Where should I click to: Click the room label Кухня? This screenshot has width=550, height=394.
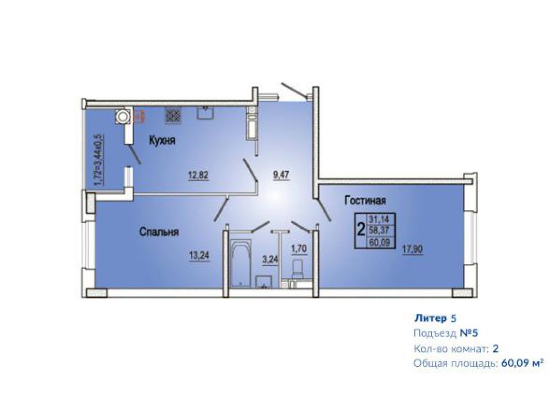[x=162, y=141]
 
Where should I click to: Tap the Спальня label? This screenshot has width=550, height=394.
[x=159, y=232]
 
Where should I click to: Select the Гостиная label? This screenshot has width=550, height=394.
[x=365, y=200]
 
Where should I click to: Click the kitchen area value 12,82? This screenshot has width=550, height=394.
[x=199, y=175]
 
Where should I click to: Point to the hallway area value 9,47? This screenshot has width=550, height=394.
[x=281, y=175]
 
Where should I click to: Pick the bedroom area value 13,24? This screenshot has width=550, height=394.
[x=199, y=256]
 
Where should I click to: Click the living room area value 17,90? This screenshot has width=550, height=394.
[x=412, y=250]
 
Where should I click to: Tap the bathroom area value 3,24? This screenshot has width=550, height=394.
[x=270, y=260]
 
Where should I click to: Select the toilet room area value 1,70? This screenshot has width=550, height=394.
[x=299, y=249]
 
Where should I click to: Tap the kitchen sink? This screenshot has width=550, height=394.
[x=205, y=113]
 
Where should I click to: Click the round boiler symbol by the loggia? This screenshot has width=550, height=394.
[x=122, y=117]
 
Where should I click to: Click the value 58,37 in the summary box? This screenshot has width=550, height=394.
[x=379, y=230]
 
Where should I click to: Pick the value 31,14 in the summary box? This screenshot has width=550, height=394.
[x=379, y=218]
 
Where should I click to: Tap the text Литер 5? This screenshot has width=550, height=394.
[x=435, y=318]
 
